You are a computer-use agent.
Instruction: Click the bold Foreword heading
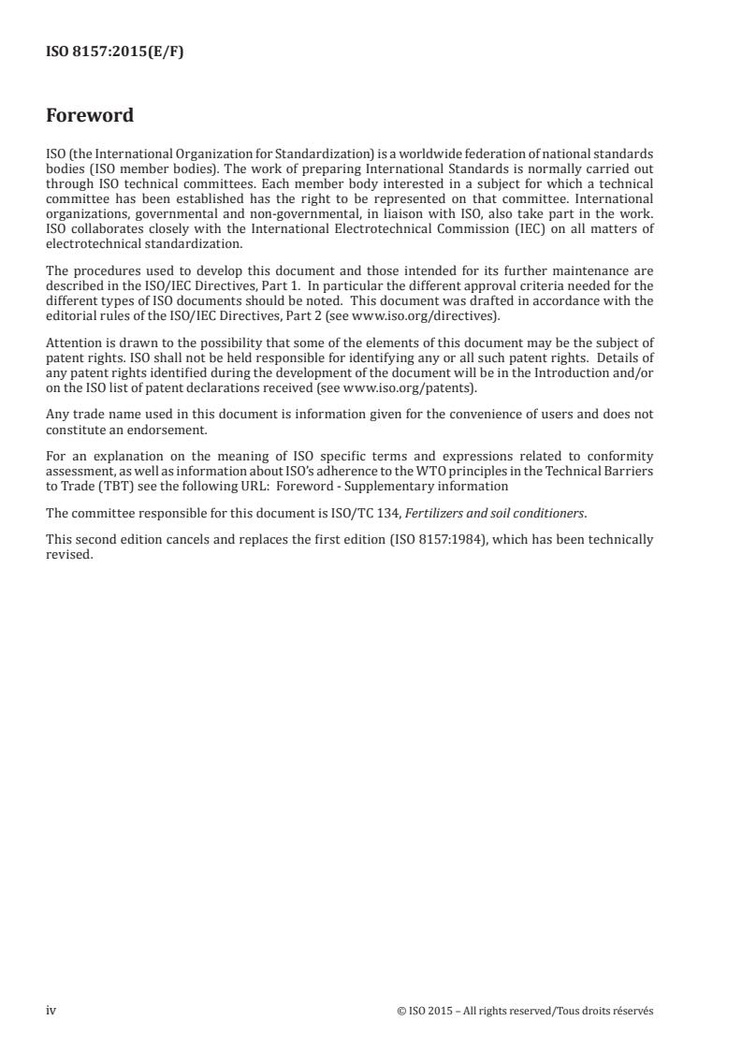pyautogui.click(x=90, y=116)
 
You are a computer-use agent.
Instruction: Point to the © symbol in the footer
pyautogui.click(x=401, y=1011)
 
